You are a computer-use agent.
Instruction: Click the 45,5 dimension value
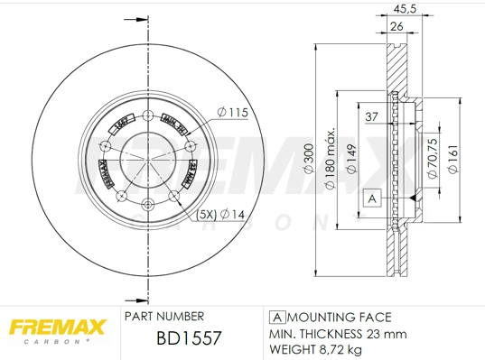tap(406, 10)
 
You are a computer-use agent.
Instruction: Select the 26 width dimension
tap(396, 27)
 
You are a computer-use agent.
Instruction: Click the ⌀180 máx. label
tap(330, 159)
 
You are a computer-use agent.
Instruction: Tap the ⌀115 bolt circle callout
tap(231, 112)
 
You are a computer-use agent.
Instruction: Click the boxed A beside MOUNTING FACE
tap(277, 318)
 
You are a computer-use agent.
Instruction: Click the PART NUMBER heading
tap(163, 317)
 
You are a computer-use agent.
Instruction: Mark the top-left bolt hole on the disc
tap(106, 147)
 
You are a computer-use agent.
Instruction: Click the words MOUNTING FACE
tap(341, 318)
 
